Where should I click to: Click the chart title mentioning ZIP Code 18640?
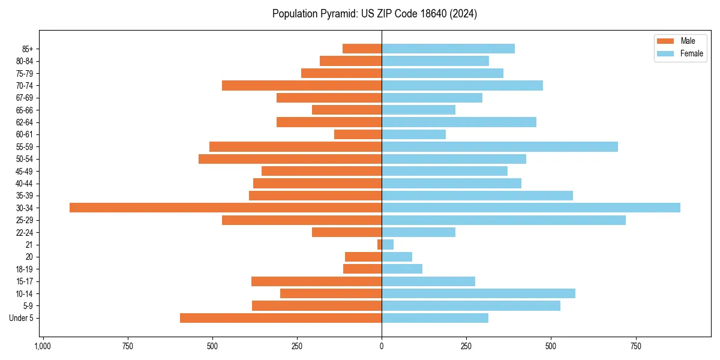click(374, 14)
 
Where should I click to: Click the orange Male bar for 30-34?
click(226, 208)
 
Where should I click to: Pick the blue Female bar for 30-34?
click(531, 208)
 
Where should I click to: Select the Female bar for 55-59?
click(500, 146)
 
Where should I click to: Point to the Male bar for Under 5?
click(281, 318)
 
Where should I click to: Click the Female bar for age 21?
click(388, 244)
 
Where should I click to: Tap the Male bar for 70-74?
click(302, 85)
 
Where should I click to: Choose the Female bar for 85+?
click(448, 49)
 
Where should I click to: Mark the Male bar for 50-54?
click(290, 159)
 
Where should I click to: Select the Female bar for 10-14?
click(478, 293)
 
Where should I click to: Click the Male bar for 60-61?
click(358, 134)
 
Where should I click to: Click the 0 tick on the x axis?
click(382, 346)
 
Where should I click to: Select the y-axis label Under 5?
click(22, 318)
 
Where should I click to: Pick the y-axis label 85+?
click(28, 49)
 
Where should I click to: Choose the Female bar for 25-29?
click(503, 220)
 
